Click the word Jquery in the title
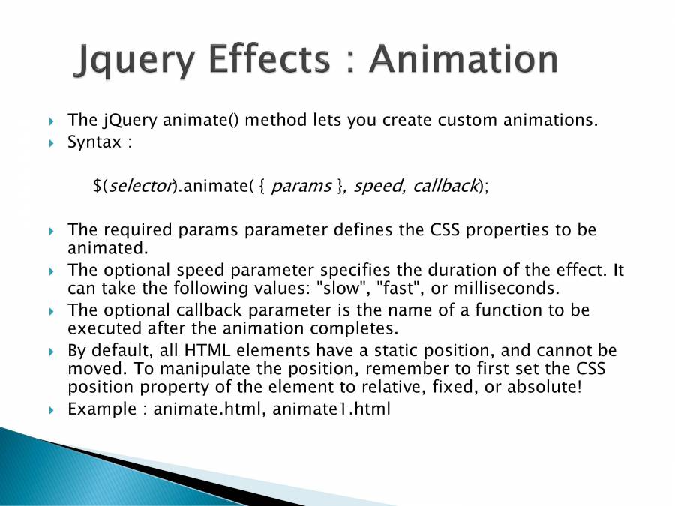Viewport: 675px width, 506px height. click(x=134, y=60)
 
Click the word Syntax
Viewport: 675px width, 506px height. click(x=94, y=142)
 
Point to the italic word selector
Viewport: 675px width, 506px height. click(x=140, y=186)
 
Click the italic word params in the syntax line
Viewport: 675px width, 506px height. click(x=301, y=187)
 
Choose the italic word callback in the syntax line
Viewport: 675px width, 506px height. click(x=445, y=186)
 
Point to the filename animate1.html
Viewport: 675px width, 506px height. click(x=331, y=409)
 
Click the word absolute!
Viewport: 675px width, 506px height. click(x=544, y=386)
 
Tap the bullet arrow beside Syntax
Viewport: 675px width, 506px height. click(x=52, y=143)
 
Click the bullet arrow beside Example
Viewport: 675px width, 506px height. click(x=52, y=410)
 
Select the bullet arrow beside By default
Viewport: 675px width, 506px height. click(x=52, y=352)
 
